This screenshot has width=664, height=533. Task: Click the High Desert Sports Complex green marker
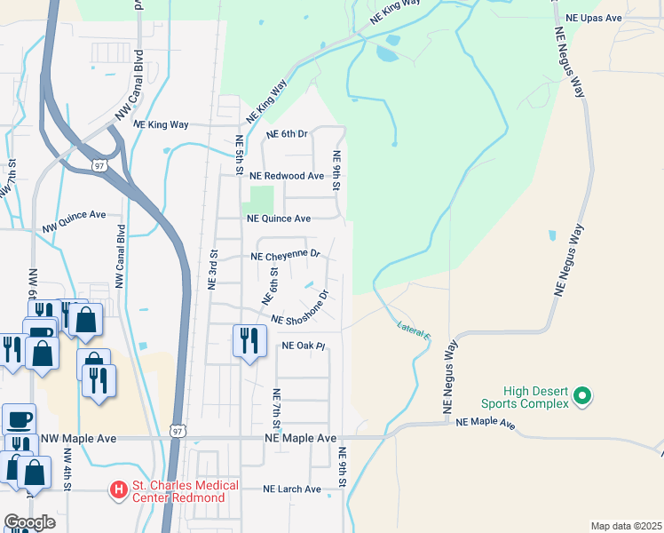pos(582,395)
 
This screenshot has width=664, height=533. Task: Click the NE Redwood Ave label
pos(287,176)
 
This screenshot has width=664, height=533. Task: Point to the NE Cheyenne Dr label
pos(285,255)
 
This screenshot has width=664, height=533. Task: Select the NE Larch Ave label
pos(292,489)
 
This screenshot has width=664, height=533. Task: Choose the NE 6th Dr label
pos(286,134)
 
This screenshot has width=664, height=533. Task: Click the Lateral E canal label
pos(414,330)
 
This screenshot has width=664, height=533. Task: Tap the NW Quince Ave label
pos(74,221)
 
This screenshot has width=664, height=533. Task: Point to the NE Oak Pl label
pos(304,346)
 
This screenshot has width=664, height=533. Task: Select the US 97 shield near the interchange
pos(98,165)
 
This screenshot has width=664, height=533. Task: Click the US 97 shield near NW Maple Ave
pos(178,431)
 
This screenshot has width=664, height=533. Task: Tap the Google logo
pos(30,521)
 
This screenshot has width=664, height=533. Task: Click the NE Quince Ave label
pos(279,218)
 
